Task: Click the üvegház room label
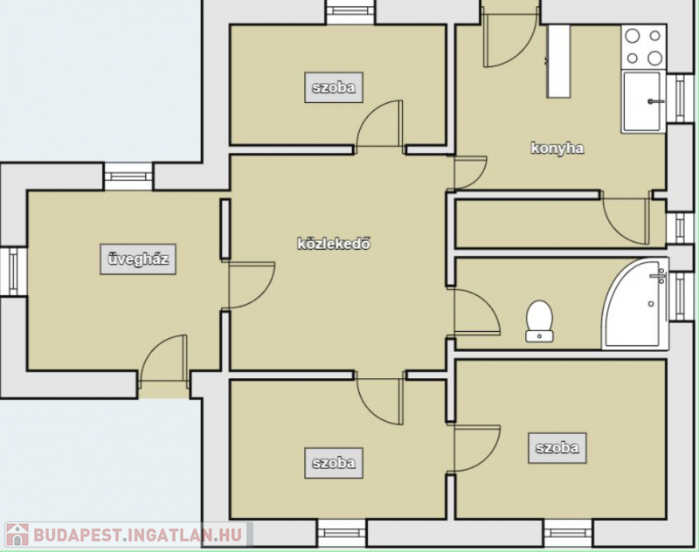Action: tap(138, 259)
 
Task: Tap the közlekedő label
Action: tap(334, 244)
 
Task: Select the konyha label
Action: tap(557, 148)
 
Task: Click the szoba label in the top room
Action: tap(334, 87)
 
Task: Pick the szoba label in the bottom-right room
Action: tap(557, 448)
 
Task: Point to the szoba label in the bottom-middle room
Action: tap(334, 463)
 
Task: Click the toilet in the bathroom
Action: tap(539, 321)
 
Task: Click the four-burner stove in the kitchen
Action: tap(644, 47)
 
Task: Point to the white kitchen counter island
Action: tap(559, 61)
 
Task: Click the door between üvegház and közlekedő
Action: tap(251, 285)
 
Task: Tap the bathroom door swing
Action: tap(474, 311)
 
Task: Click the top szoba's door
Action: tap(380, 123)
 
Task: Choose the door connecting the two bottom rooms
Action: tap(474, 448)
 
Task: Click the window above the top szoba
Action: tap(350, 12)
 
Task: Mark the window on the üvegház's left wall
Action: tap(12, 272)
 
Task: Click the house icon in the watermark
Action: tap(17, 535)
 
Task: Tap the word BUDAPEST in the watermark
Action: tap(77, 535)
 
